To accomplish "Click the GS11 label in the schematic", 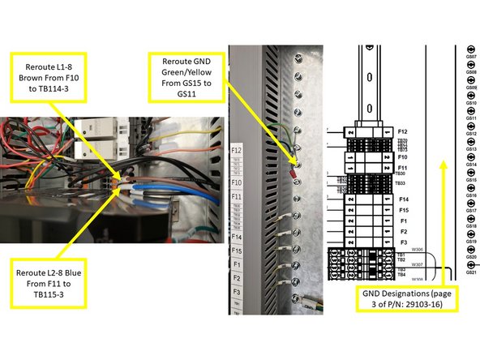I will (470, 118).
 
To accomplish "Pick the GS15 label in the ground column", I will (470, 180).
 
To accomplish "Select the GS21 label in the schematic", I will (470, 272).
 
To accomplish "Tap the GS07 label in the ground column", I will (470, 57).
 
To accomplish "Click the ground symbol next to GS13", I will (459, 149).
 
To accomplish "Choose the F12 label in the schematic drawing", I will (403, 131).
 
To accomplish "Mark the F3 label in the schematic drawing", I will (403, 242).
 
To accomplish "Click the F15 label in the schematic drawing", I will (403, 209).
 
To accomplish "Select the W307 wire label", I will (418, 264).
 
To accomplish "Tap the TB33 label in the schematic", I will (401, 183).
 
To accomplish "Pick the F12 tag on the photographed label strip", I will (236, 150).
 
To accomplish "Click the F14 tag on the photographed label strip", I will (236, 238).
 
